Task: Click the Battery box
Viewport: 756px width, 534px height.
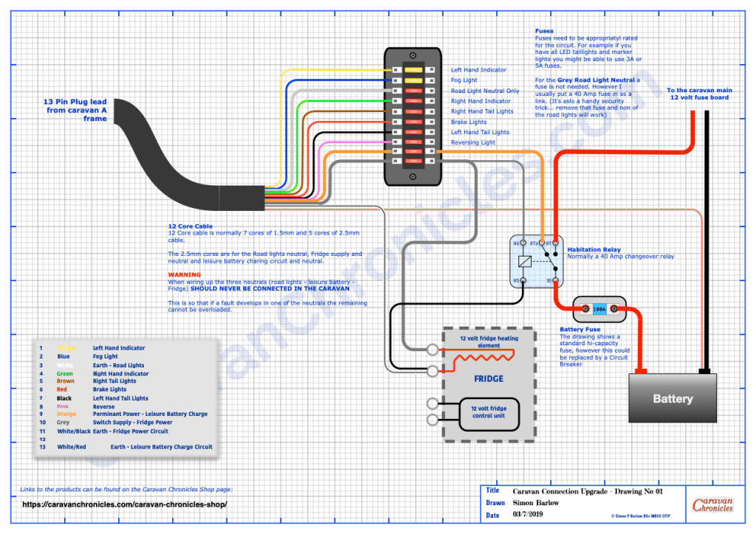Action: point(672,398)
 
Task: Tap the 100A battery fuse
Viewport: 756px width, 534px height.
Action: point(599,310)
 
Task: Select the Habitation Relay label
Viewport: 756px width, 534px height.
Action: point(593,249)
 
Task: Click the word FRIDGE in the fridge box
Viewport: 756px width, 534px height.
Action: point(488,378)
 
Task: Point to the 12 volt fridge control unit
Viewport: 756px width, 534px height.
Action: point(489,412)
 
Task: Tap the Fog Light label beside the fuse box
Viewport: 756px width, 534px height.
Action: point(464,80)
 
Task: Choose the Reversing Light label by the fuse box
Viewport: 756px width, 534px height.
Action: point(473,142)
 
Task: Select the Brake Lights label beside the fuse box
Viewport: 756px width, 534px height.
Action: point(469,122)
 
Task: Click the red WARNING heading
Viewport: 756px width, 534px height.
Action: point(184,274)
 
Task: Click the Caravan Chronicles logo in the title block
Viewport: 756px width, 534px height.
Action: point(712,505)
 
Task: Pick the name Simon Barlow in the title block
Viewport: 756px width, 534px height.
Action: point(536,502)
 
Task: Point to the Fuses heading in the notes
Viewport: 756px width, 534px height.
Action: point(544,32)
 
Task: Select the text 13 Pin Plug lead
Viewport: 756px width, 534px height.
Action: point(76,102)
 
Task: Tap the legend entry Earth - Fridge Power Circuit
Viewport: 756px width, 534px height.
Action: point(131,431)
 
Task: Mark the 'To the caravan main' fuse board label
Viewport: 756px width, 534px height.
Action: point(699,90)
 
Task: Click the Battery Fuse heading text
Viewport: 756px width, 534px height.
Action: point(580,330)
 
